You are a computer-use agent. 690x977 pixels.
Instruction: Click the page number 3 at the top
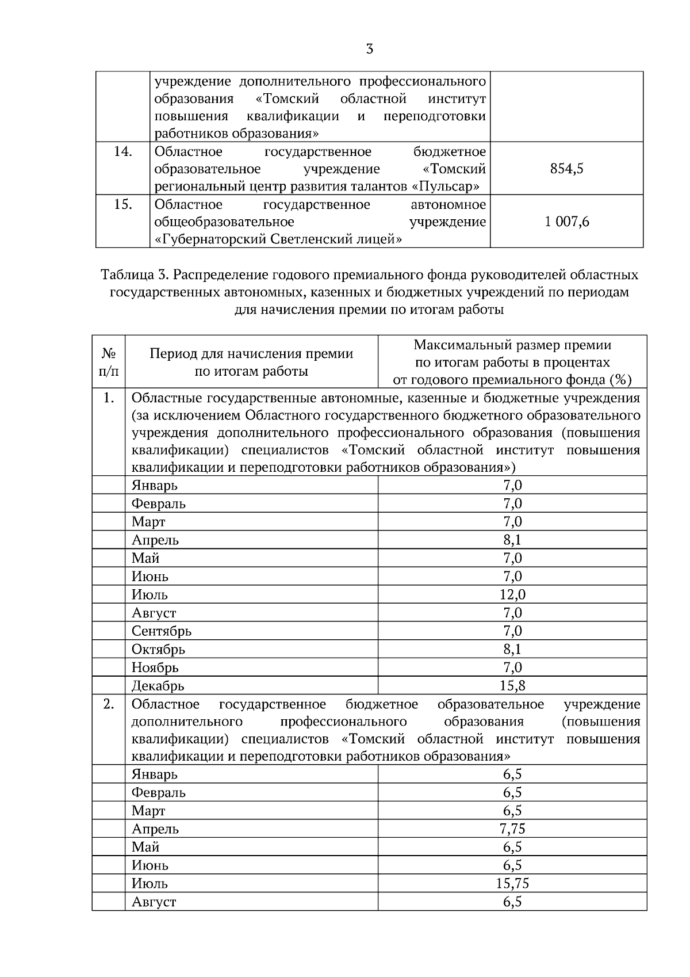pyautogui.click(x=369, y=49)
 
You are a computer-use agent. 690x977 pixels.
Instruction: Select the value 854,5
pyautogui.click(x=566, y=169)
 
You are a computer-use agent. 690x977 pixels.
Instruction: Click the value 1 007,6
pyautogui.click(x=566, y=222)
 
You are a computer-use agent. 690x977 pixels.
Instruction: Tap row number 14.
pyautogui.click(x=122, y=152)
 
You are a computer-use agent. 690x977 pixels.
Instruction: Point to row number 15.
pyautogui.click(x=122, y=205)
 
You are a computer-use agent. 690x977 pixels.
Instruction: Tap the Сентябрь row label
pyautogui.click(x=161, y=631)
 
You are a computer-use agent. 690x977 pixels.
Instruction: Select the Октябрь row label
pyautogui.click(x=158, y=650)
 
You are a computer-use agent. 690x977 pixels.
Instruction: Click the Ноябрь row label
pyautogui.click(x=155, y=668)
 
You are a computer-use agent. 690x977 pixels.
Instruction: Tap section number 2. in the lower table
pyautogui.click(x=109, y=705)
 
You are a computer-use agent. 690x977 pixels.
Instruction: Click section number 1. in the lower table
pyautogui.click(x=109, y=398)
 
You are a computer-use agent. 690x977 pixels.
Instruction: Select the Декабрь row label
pyautogui.click(x=158, y=686)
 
